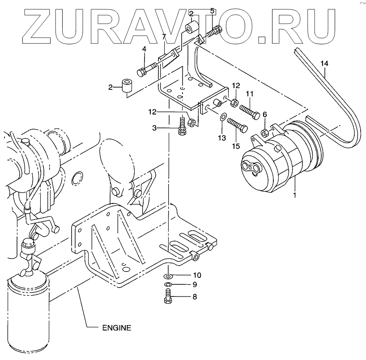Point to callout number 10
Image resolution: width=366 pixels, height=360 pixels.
(x=197, y=275)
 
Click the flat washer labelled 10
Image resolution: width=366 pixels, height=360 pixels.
(x=166, y=275)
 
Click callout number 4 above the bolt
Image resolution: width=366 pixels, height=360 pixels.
(x=144, y=49)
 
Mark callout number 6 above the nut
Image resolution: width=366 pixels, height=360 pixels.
(x=264, y=115)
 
